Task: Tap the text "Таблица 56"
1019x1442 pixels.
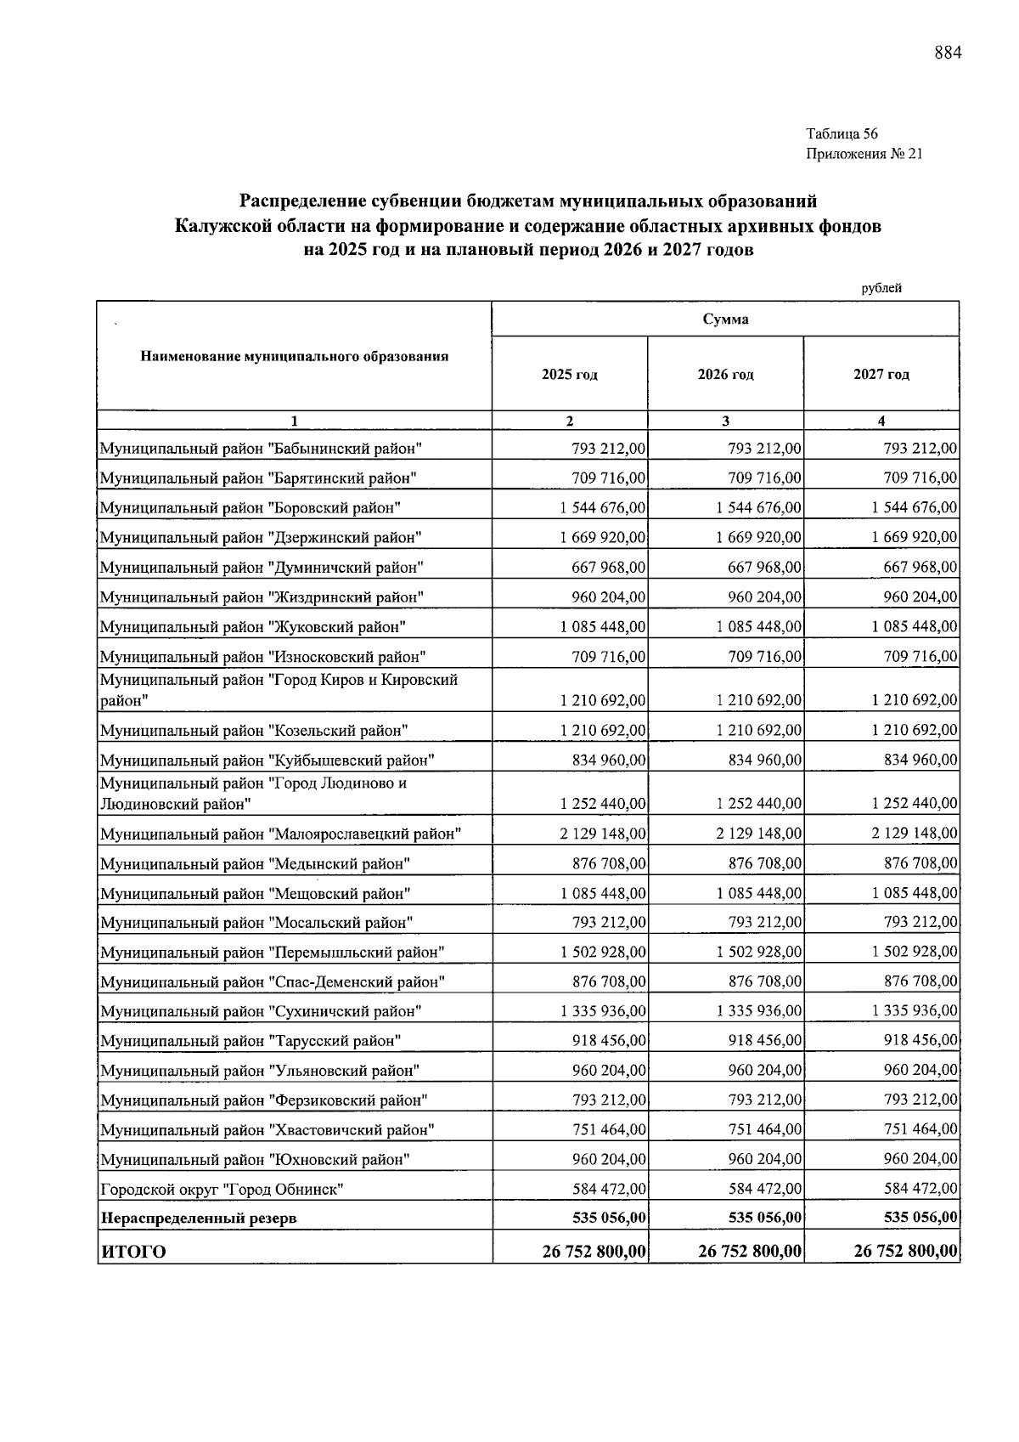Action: pos(842,134)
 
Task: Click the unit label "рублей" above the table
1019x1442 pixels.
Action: pos(881,288)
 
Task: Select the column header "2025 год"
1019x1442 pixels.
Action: pos(570,375)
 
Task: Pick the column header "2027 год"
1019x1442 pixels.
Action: pos(881,375)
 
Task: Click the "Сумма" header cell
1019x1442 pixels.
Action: pos(725,320)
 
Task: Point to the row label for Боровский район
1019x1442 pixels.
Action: pos(251,508)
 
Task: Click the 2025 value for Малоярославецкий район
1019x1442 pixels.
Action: pos(603,834)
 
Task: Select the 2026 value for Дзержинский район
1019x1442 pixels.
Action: pos(759,538)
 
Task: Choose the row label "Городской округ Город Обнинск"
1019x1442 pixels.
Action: pos(222,1190)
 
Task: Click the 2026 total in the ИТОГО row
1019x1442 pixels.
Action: pos(750,1251)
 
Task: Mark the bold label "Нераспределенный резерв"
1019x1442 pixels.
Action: pos(199,1219)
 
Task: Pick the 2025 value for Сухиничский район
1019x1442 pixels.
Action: pos(603,1011)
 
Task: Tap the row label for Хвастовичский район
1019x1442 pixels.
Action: pos(267,1130)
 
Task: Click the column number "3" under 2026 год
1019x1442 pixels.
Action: pos(725,421)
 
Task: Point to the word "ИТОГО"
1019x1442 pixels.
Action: pos(133,1252)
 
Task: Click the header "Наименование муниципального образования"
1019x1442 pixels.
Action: pos(294,357)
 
